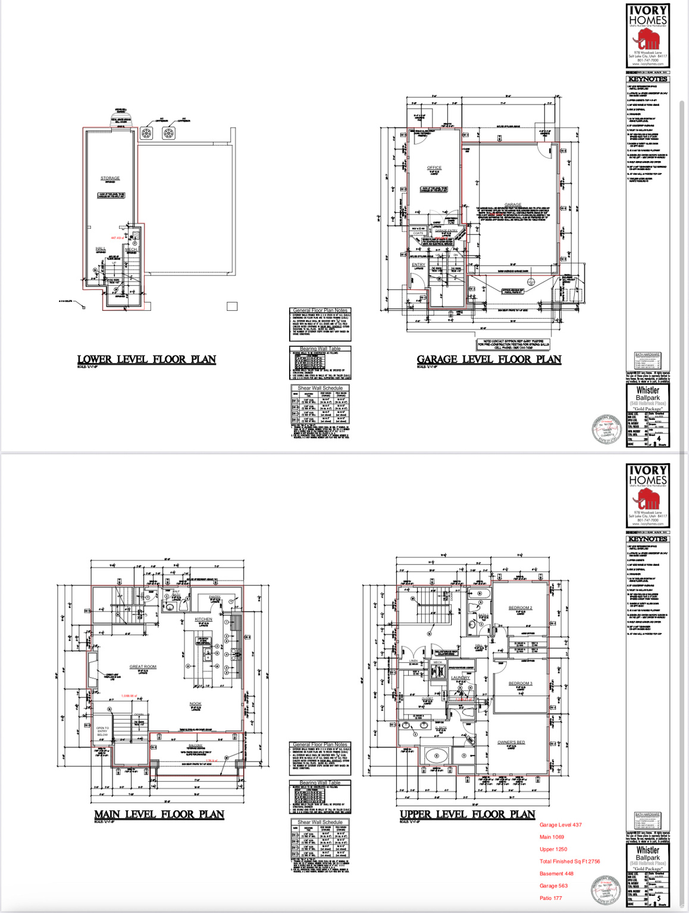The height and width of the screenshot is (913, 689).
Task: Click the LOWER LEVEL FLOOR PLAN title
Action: point(146,360)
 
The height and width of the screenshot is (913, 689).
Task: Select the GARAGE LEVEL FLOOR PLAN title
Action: point(488,360)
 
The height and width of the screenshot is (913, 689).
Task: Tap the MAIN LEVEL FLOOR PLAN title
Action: point(159,814)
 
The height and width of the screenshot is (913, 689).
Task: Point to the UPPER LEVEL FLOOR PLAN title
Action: point(467,814)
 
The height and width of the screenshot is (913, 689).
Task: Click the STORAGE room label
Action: point(110,178)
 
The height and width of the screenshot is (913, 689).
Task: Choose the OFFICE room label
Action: point(434,168)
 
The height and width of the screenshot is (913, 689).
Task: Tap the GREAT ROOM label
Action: point(143,666)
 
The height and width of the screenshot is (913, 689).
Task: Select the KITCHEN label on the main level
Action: point(203,619)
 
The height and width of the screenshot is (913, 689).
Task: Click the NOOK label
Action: point(195,704)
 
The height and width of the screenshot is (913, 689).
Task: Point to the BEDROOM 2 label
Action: point(520,607)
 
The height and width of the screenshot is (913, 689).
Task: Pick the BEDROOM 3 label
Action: point(520,683)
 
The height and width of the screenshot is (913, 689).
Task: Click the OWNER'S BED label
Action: point(511,742)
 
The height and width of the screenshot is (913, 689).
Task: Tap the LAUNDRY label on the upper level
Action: point(460,678)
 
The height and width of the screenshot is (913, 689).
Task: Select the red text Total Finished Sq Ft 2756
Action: point(569,861)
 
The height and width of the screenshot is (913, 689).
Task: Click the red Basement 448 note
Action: point(556,874)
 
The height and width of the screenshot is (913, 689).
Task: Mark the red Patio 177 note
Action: point(550,898)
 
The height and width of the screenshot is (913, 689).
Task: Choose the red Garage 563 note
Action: point(553,886)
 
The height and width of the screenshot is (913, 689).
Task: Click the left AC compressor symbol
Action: point(147,133)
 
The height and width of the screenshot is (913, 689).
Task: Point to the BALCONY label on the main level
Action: point(195,745)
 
